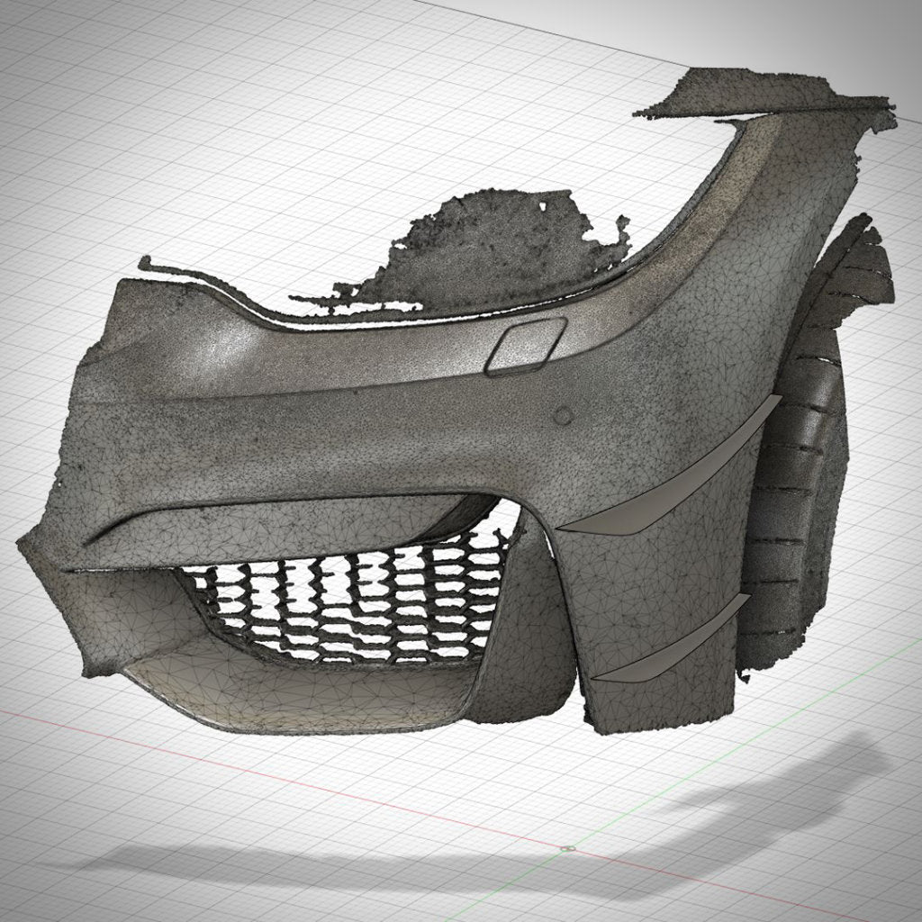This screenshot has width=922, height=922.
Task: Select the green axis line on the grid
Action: click(x=720, y=792)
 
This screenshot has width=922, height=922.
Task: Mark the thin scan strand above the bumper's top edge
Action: click(x=207, y=275)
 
